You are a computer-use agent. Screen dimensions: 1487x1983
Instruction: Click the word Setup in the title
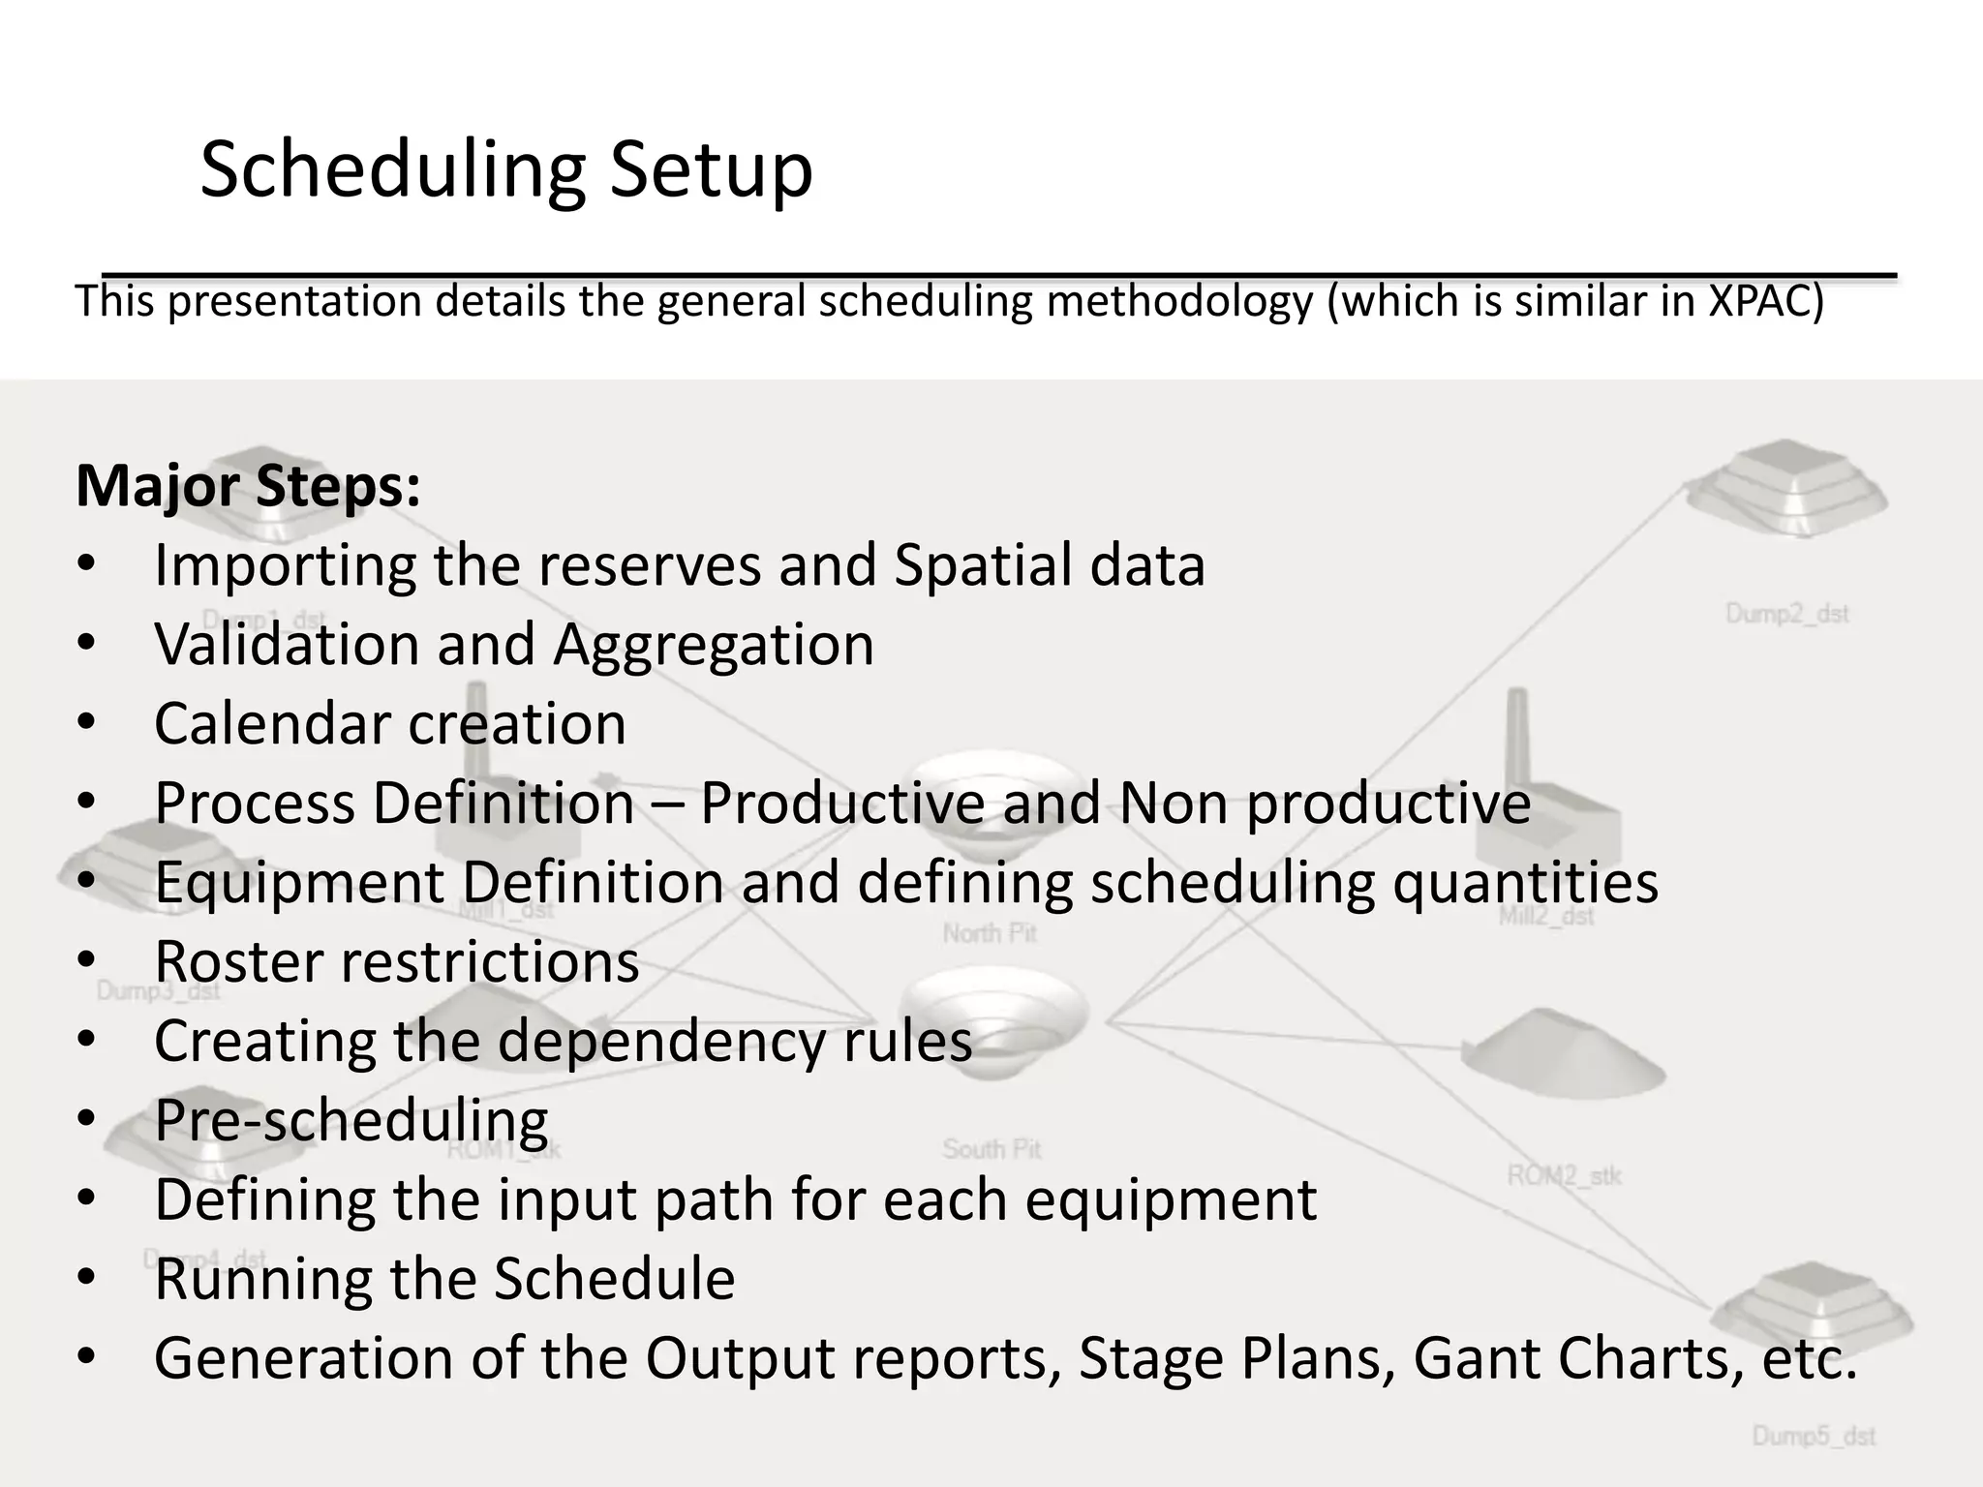[711, 171]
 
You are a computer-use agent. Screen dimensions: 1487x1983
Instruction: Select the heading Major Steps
[248, 486]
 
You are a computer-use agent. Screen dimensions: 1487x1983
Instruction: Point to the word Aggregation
[714, 645]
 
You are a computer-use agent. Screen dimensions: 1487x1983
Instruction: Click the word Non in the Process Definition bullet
[1174, 804]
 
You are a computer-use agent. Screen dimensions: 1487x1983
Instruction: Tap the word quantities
[1525, 883]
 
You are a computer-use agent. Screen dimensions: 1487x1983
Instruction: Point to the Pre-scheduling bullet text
[351, 1121]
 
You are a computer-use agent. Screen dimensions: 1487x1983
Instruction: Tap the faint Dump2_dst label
[1787, 614]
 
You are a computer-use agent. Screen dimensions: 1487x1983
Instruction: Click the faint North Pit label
[990, 933]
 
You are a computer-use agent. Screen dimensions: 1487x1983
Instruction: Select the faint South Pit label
[991, 1149]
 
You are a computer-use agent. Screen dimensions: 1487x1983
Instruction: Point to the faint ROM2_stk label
[1564, 1175]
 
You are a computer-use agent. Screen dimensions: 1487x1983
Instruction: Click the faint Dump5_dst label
[1814, 1436]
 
